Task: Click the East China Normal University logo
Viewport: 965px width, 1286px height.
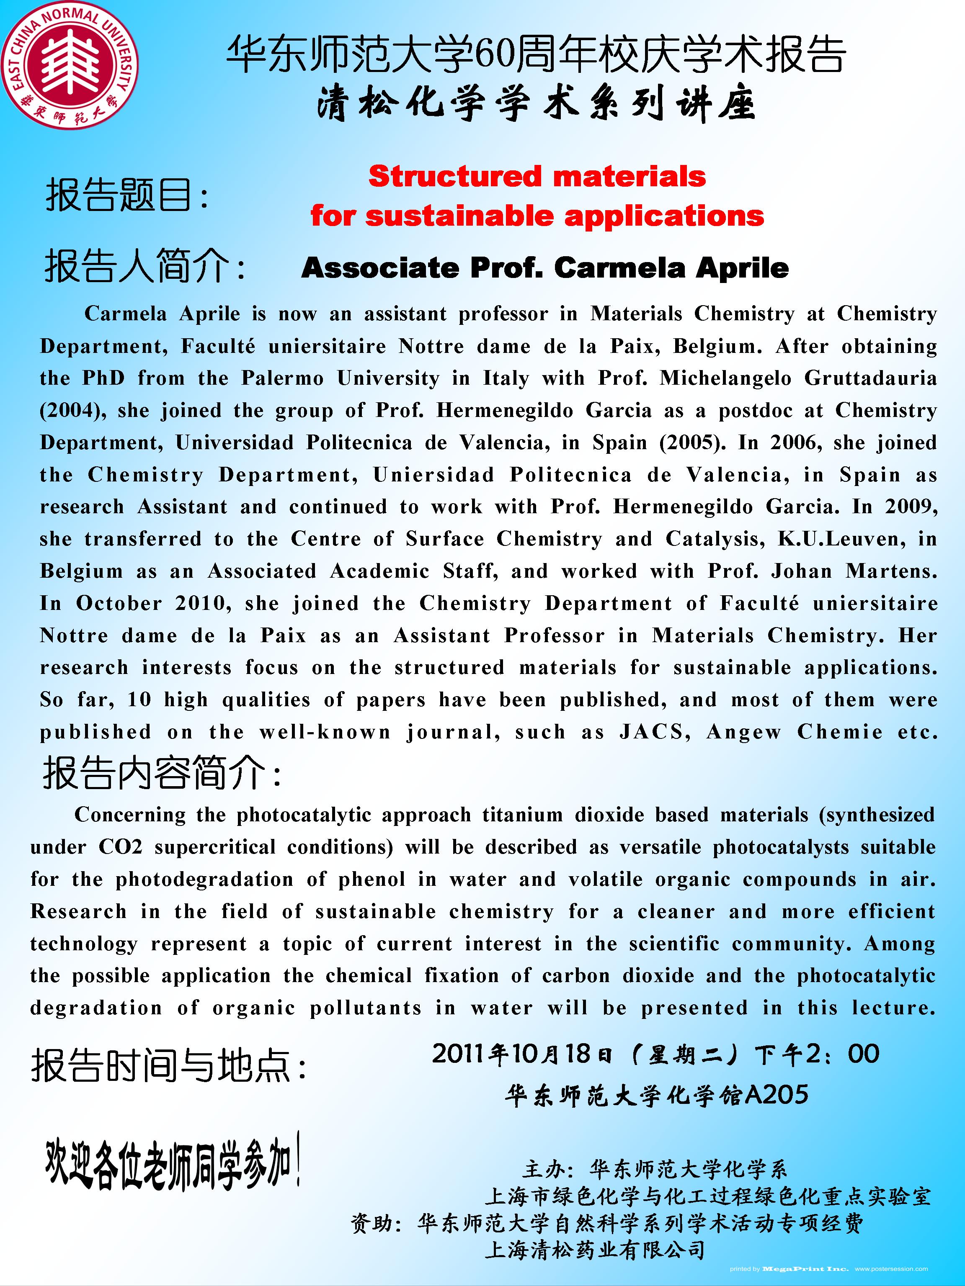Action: coord(70,69)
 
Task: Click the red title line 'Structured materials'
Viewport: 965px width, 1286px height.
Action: coord(537,177)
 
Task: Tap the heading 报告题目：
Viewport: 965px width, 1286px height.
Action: coord(127,195)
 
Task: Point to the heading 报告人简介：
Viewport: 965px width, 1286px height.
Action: coord(145,268)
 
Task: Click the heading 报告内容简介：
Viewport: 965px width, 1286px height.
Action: coord(162,774)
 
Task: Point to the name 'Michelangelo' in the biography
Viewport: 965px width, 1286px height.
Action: coord(725,378)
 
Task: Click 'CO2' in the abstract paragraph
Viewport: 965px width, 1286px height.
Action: coord(120,847)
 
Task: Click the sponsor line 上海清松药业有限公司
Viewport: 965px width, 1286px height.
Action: coord(594,1250)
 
